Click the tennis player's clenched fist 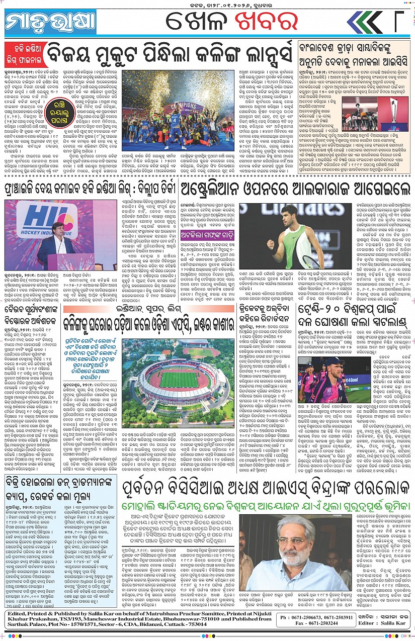point(272,244)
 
